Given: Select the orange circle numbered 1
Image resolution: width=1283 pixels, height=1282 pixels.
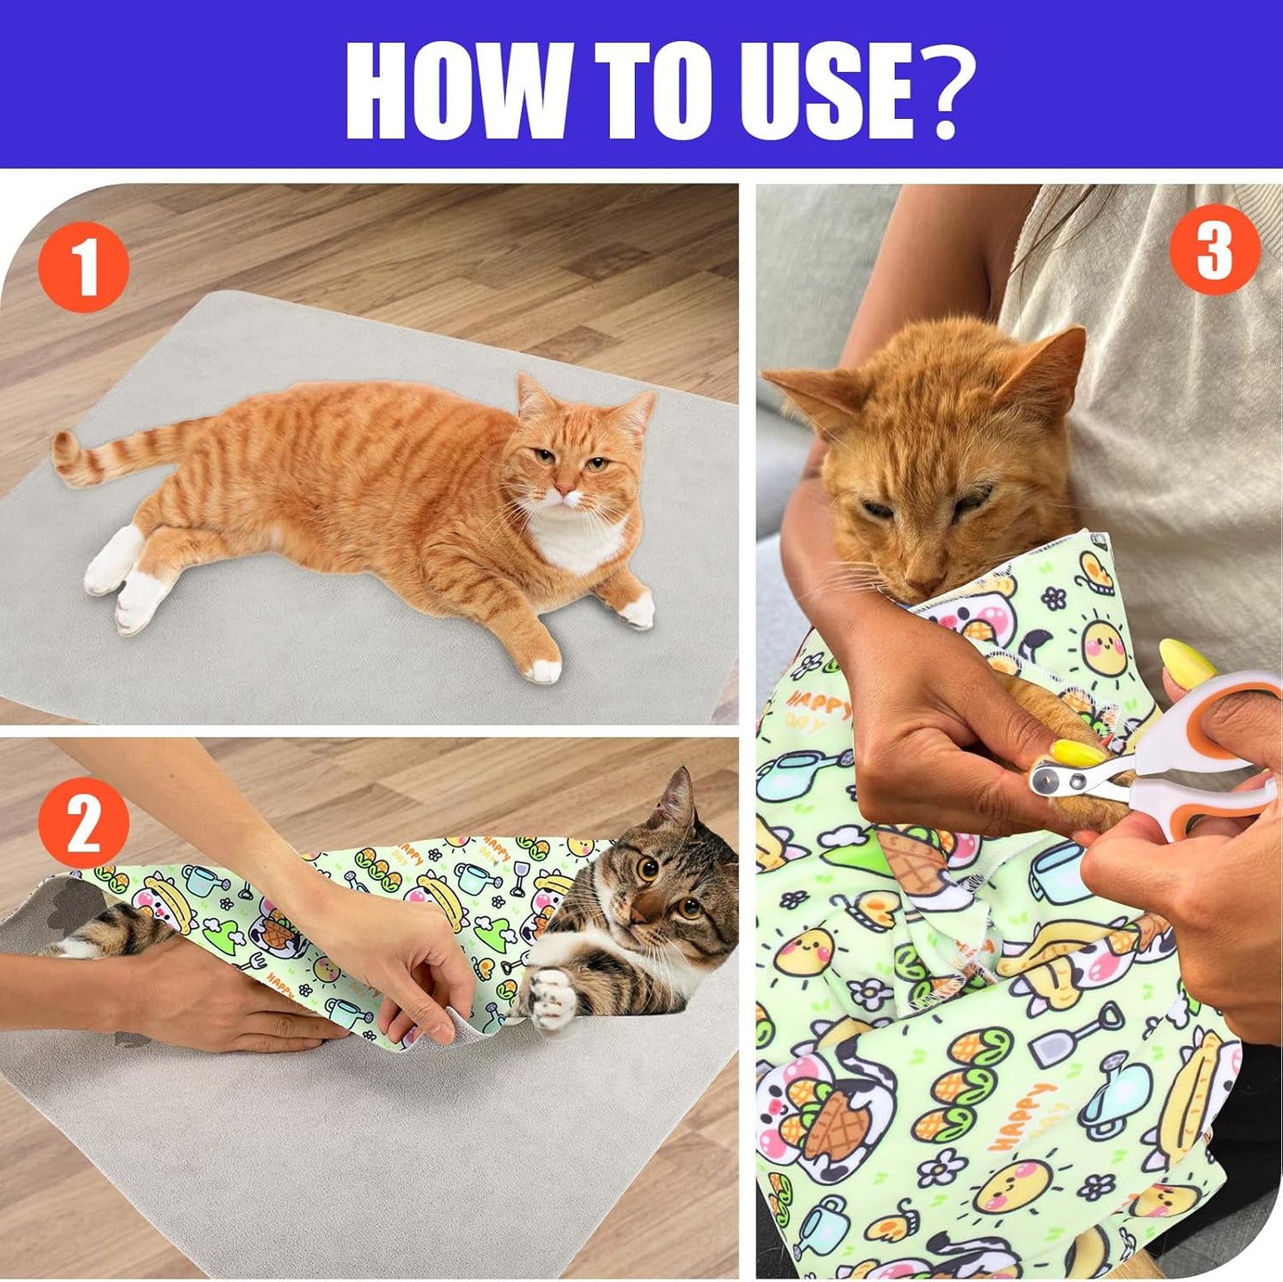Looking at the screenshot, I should pos(84,266).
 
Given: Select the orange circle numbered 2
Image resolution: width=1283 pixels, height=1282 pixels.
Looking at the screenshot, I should pos(84,823).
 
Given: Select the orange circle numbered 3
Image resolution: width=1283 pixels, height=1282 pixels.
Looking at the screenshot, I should pos(1214,249).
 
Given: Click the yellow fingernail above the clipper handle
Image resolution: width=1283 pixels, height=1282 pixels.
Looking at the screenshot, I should pos(1188,661).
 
